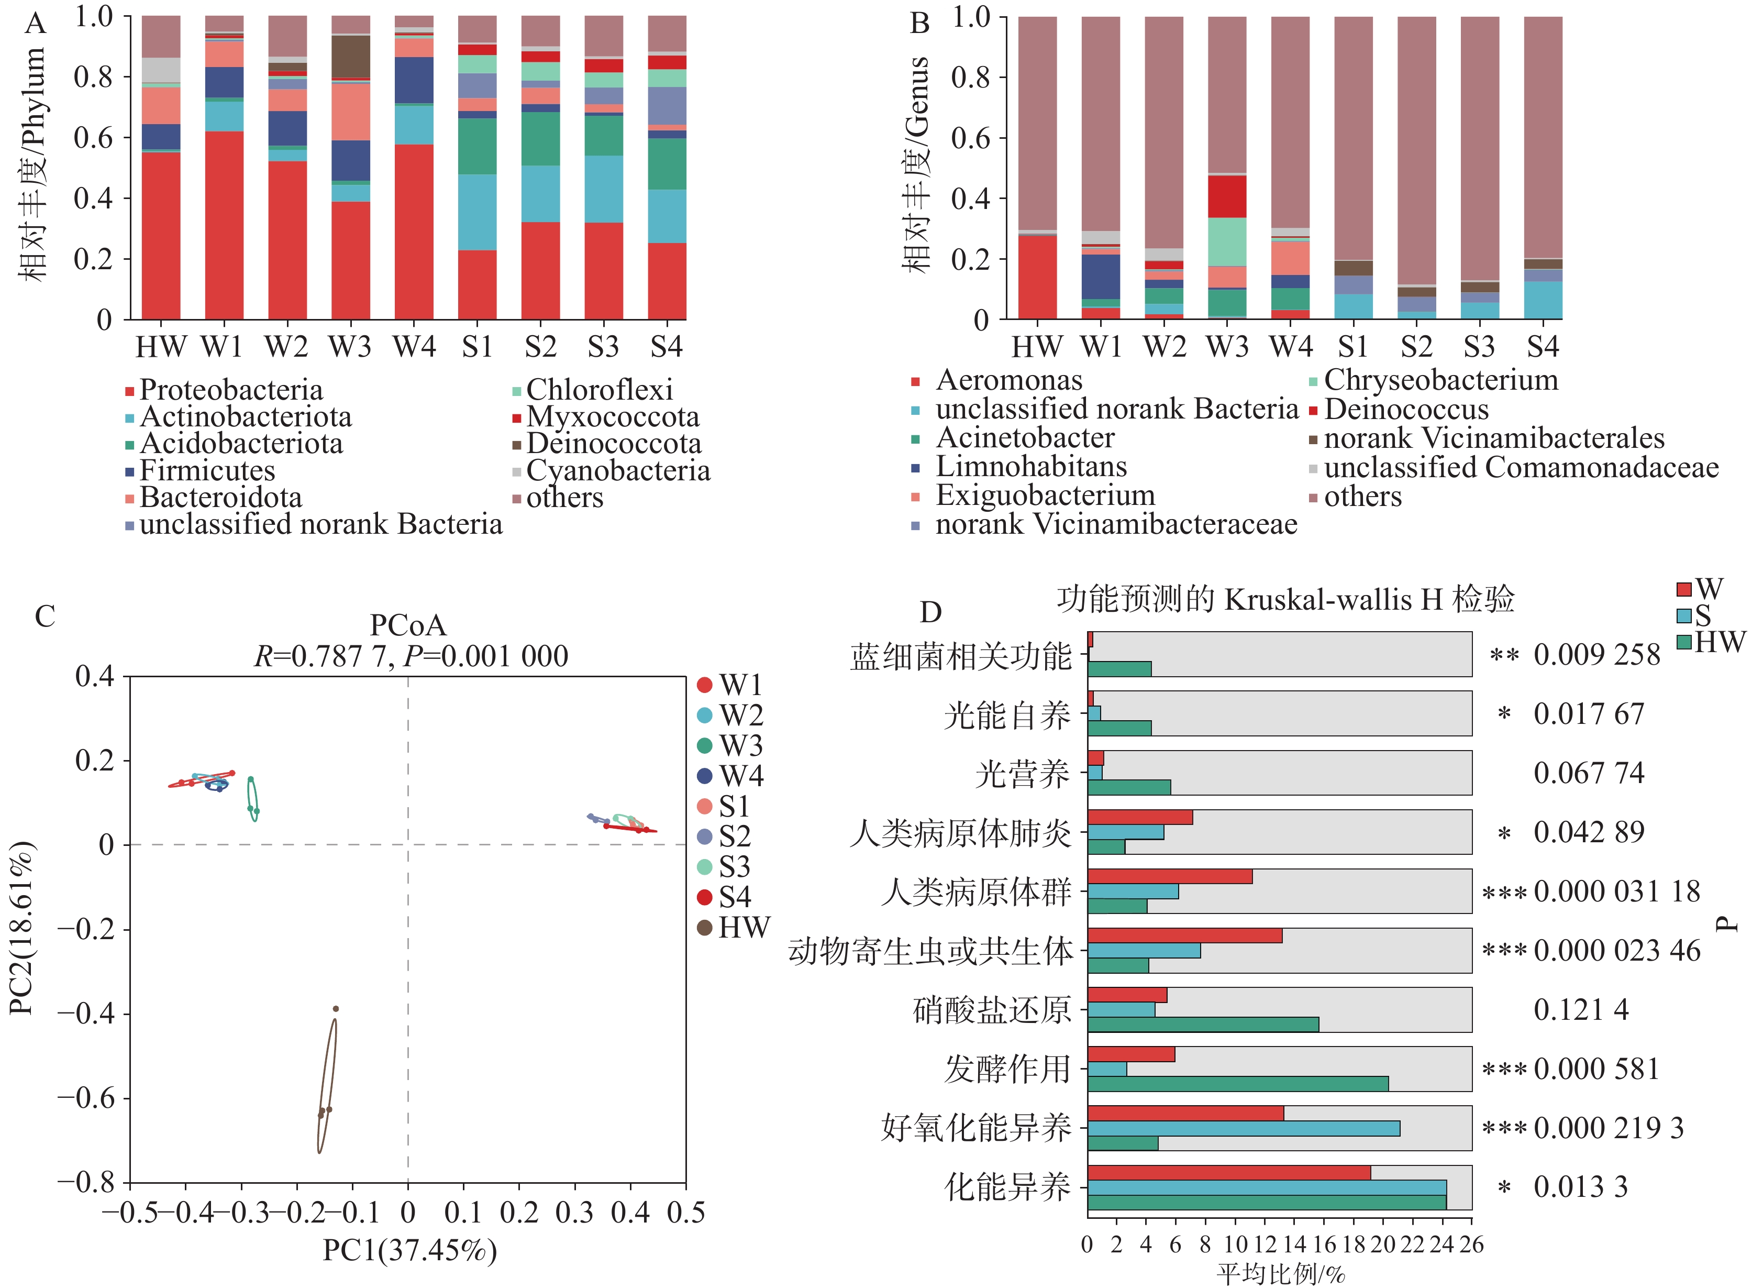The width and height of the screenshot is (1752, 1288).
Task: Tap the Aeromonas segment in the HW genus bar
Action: point(1037,277)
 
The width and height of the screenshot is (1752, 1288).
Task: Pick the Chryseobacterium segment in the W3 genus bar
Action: point(1227,241)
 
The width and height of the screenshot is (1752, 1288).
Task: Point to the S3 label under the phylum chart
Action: point(603,347)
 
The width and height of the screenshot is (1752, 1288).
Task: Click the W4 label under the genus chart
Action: point(1291,347)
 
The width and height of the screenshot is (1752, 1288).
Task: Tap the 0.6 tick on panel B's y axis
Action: point(970,138)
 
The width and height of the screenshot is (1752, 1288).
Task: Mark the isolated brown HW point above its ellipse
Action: point(336,1009)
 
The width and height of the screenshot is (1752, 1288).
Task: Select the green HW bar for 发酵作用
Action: point(1238,1084)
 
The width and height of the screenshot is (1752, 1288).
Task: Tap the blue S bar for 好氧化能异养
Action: point(1243,1128)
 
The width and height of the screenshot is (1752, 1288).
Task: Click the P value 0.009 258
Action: point(1596,655)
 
